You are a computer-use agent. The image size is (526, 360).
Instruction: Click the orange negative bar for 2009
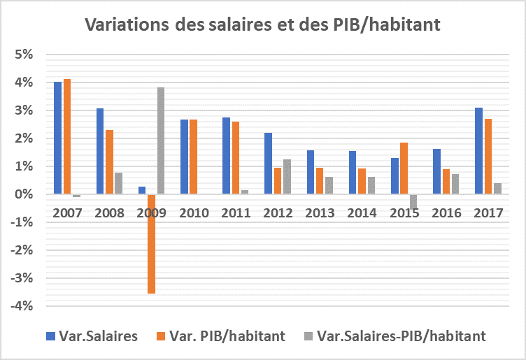pos(151,243)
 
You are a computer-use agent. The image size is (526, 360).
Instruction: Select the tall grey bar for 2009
pos(161,141)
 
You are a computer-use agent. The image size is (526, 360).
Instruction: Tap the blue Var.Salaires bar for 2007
pos(57,138)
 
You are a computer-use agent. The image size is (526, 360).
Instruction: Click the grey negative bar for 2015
pos(413,201)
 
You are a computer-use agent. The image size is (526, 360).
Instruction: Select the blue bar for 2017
pos(478,150)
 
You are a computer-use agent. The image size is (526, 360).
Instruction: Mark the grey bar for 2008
pos(119,183)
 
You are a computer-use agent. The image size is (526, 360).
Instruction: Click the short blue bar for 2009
pos(142,190)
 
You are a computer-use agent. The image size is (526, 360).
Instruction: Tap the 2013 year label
pos(320,213)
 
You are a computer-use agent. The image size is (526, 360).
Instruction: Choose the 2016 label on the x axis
pos(446,213)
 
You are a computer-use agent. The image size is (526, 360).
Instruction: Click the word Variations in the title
pos(124,25)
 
